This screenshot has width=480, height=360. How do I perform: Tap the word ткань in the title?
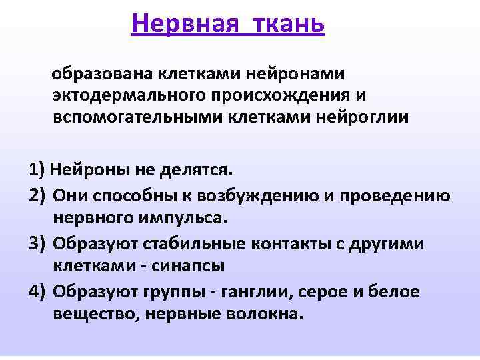coord(289,24)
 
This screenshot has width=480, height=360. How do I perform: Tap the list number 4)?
coord(37,291)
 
